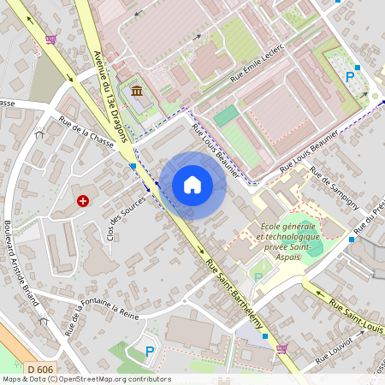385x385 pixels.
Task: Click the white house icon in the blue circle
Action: pos(192,184)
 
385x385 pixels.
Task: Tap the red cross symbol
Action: pos(83,201)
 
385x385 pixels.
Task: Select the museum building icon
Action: pos(137,92)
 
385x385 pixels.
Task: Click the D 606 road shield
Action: pos(36,369)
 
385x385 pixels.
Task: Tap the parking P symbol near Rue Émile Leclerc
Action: pos(349,76)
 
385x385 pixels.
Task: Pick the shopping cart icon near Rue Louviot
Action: pos(281,347)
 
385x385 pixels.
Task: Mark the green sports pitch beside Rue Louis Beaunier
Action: pos(226,116)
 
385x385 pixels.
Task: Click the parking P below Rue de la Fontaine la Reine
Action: pos(150,351)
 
